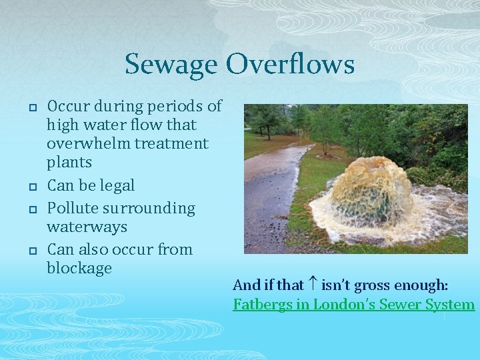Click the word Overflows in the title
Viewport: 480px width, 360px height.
pos(290,65)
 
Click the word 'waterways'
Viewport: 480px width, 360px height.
pos(87,227)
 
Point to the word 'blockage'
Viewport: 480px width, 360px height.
pos(79,268)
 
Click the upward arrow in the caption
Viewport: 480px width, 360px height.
pos(312,285)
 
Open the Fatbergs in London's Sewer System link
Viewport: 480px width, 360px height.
pos(353,305)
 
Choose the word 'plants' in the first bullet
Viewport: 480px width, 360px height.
pos(69,162)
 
